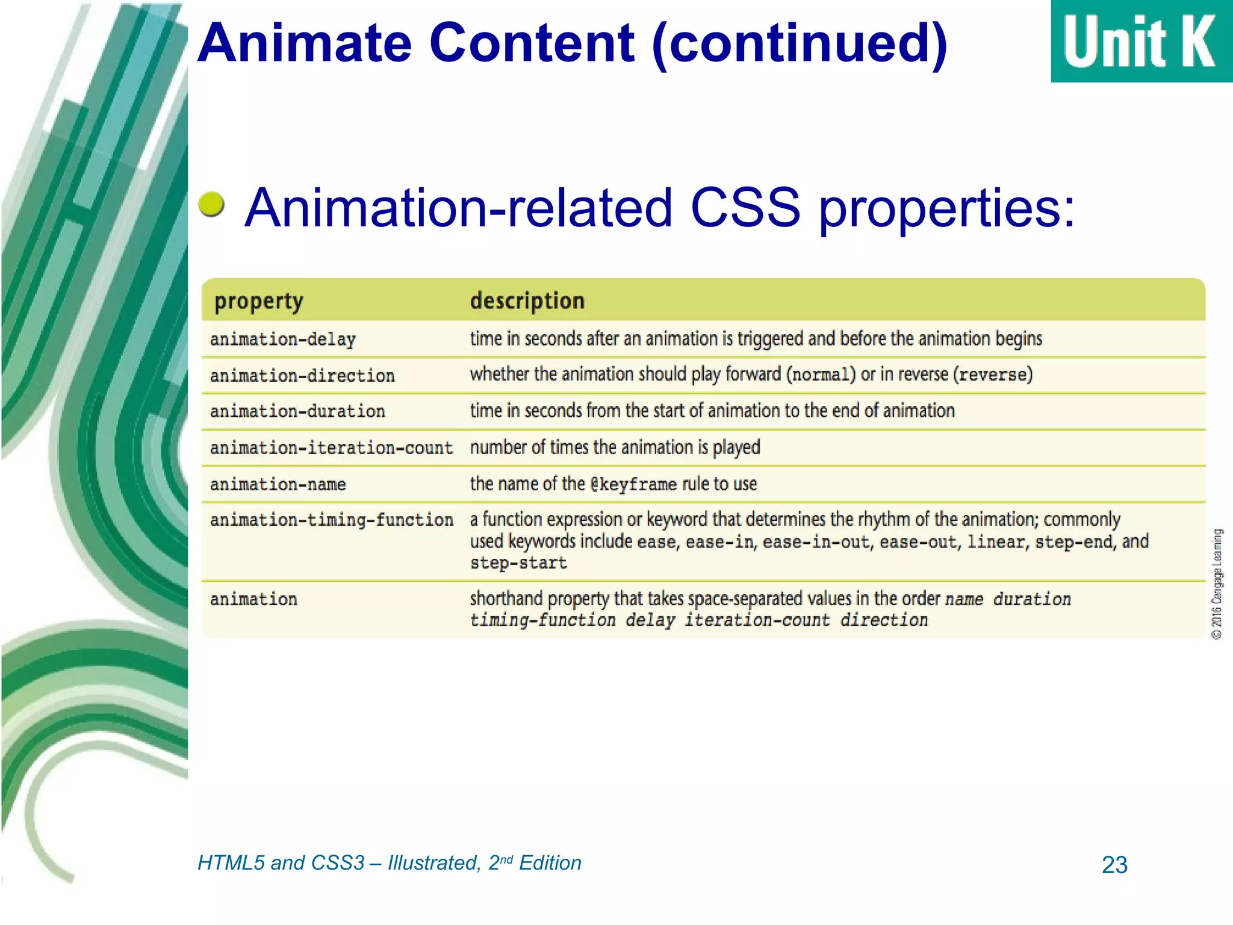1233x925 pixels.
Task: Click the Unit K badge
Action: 1140,41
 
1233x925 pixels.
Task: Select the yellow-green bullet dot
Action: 211,205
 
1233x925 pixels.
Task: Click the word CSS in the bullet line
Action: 745,208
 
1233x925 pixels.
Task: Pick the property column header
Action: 259,301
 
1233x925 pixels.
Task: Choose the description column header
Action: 527,301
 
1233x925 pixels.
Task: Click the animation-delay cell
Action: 283,339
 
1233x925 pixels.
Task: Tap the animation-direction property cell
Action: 302,376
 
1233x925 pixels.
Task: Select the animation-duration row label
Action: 297,411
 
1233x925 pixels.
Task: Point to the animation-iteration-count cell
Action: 331,448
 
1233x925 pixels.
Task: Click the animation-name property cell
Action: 278,484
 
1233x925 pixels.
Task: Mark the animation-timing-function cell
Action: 331,520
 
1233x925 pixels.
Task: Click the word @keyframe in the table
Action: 633,484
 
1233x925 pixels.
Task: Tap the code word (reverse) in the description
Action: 993,375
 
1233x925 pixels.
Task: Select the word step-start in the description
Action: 518,563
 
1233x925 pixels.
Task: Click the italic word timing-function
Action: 542,620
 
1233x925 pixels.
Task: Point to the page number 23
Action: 1114,865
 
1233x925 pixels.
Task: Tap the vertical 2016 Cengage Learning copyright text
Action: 1217,584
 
